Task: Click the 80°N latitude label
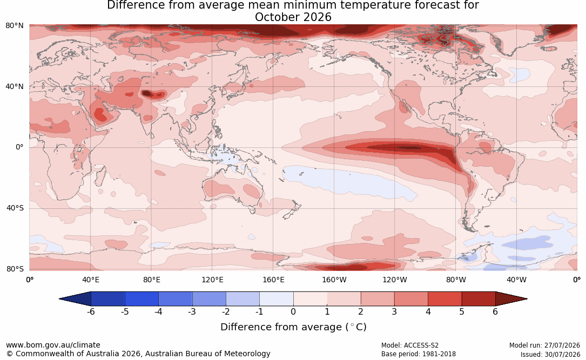pos(14,25)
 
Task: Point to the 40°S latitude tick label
pos(15,208)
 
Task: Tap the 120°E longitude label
pos(212,280)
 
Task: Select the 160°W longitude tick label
pos(334,280)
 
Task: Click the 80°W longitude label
pos(456,280)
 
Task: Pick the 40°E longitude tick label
pos(90,280)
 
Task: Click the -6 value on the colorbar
pos(91,311)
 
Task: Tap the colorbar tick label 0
pos(293,311)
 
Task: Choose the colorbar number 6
pos(495,311)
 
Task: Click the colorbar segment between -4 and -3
pos(176,299)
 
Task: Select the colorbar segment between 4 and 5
pos(444,299)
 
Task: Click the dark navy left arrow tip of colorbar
pos(59,299)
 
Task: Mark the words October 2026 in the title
pos(293,17)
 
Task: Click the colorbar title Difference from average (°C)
pos(293,327)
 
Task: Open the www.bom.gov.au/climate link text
pos(53,345)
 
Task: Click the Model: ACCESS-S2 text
pos(409,345)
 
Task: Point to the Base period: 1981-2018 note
pos(419,354)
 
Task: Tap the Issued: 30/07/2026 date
pos(550,354)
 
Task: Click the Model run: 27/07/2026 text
pos(544,345)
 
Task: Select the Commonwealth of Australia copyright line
pos(138,354)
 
